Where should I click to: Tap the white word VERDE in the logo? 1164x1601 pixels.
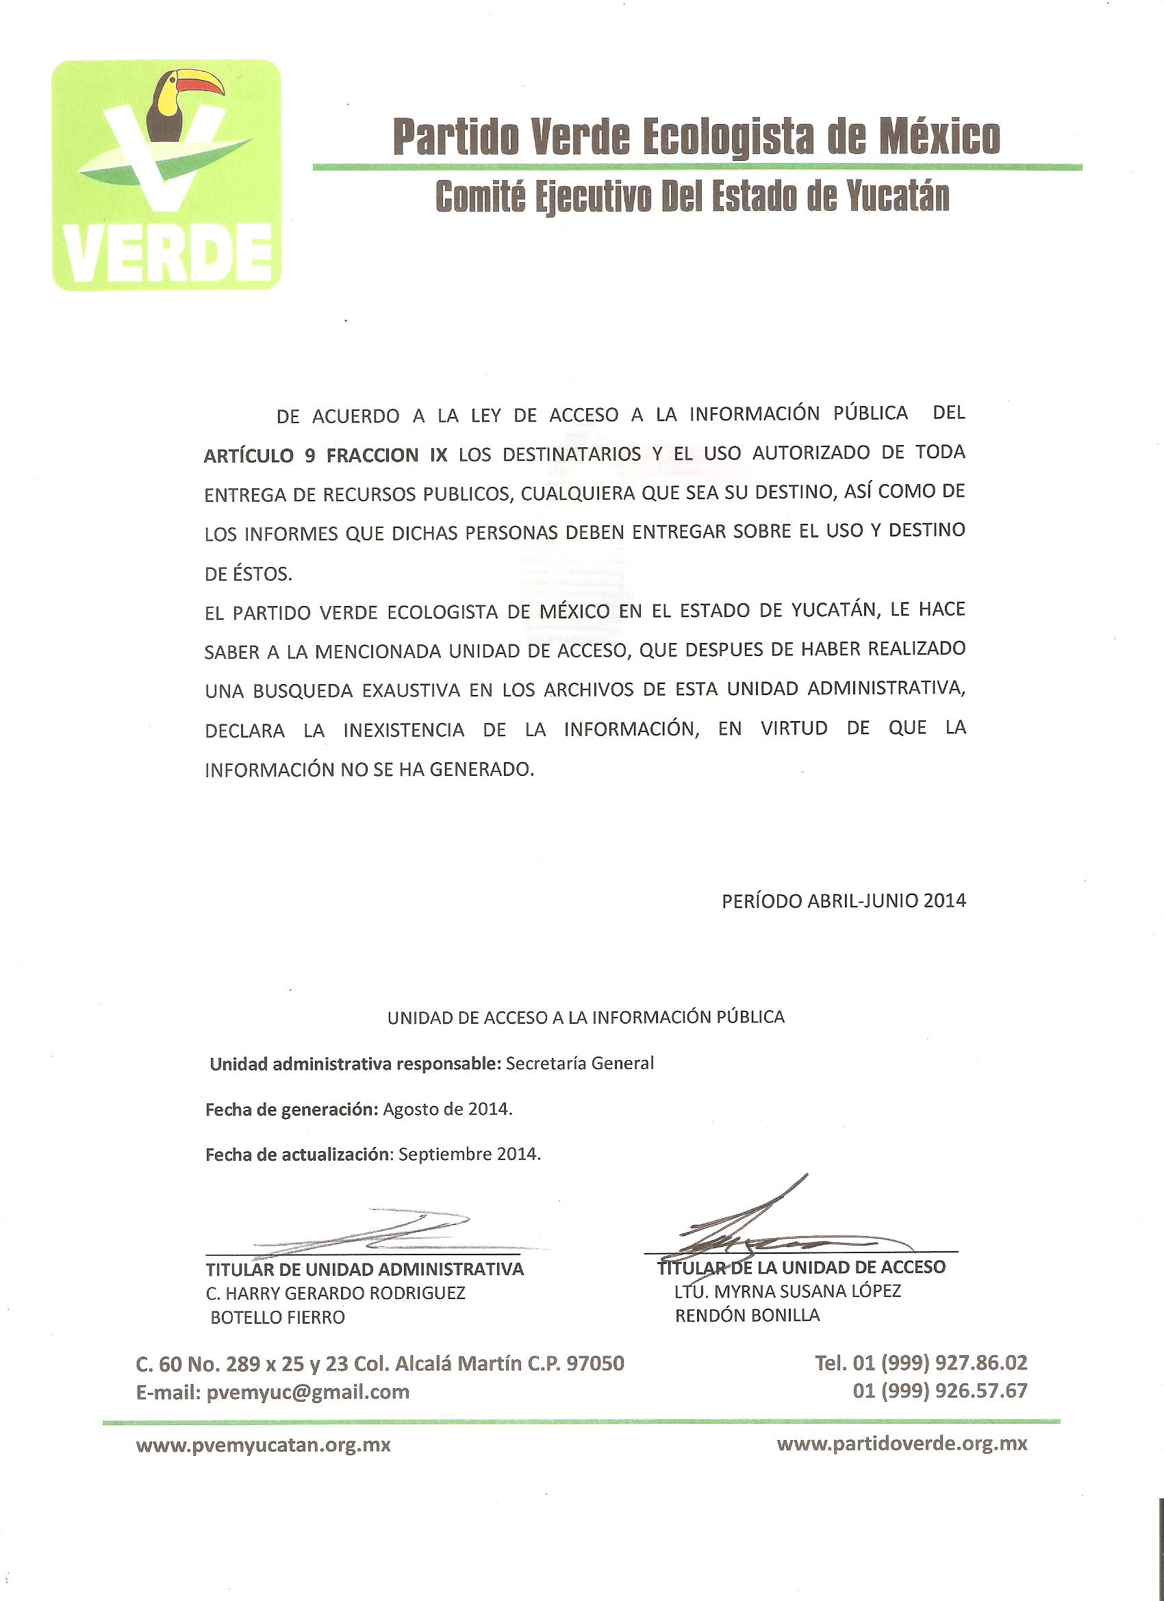pyautogui.click(x=167, y=253)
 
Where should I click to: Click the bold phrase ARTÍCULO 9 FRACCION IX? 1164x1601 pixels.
pyautogui.click(x=325, y=455)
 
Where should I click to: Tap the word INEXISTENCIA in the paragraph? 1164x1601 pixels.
pyautogui.click(x=404, y=730)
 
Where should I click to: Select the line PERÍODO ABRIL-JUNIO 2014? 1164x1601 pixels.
pyautogui.click(x=844, y=900)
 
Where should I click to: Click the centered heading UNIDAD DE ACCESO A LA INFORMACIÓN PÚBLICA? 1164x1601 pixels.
pyautogui.click(x=586, y=1017)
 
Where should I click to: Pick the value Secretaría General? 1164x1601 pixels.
pyautogui.click(x=579, y=1063)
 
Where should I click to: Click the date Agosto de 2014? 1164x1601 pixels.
pyautogui.click(x=448, y=1109)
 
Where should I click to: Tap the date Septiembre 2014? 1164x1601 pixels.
pyautogui.click(x=470, y=1155)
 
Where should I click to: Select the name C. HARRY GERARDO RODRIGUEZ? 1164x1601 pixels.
pyautogui.click(x=336, y=1294)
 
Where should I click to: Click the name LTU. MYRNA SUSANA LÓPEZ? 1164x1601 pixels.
pyautogui.click(x=788, y=1291)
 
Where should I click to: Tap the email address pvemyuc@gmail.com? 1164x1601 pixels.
pyautogui.click(x=307, y=1392)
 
